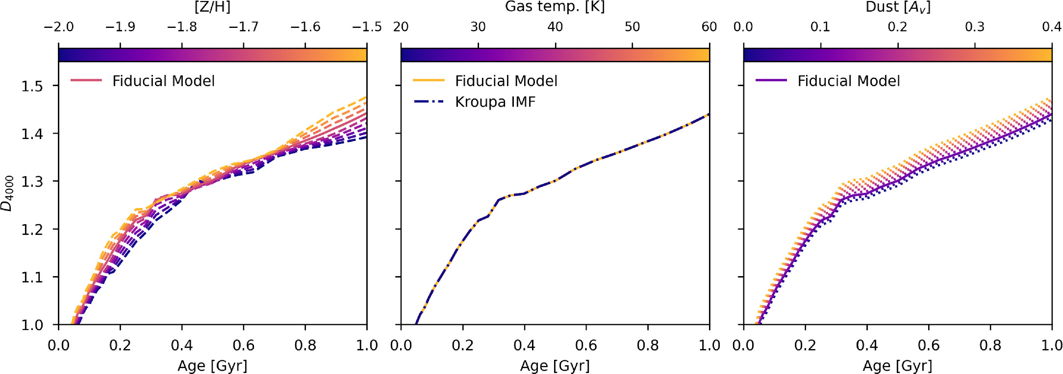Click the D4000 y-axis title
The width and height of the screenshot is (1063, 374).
(x=8, y=193)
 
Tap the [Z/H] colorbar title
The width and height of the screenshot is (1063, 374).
(x=212, y=7)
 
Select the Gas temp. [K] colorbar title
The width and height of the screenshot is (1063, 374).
(x=555, y=7)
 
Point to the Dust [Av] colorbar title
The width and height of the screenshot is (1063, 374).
(x=897, y=7)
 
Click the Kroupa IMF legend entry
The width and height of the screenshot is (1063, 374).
(x=495, y=102)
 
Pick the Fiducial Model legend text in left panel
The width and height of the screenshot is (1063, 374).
(x=163, y=81)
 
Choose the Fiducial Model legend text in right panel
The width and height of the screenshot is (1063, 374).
(x=848, y=81)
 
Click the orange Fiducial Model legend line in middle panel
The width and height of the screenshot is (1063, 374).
(x=429, y=80)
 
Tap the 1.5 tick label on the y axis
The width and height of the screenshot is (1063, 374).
(x=32, y=86)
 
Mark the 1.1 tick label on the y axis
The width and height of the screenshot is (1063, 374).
(x=32, y=277)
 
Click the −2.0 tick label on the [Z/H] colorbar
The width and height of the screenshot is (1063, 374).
(x=58, y=26)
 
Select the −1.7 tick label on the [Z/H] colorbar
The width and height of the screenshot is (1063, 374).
(x=243, y=26)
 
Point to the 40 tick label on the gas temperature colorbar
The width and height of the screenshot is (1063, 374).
(x=555, y=26)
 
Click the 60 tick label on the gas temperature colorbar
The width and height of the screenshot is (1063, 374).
(x=709, y=26)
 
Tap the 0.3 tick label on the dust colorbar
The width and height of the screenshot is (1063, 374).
(x=974, y=26)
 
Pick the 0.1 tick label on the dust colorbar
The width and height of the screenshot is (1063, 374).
(x=820, y=26)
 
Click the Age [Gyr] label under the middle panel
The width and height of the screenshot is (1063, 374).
(x=555, y=366)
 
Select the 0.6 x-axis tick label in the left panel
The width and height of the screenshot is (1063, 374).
(x=243, y=346)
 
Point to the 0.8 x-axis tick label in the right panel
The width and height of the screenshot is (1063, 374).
(x=990, y=346)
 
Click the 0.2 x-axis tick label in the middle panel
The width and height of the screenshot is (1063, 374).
(x=462, y=346)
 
